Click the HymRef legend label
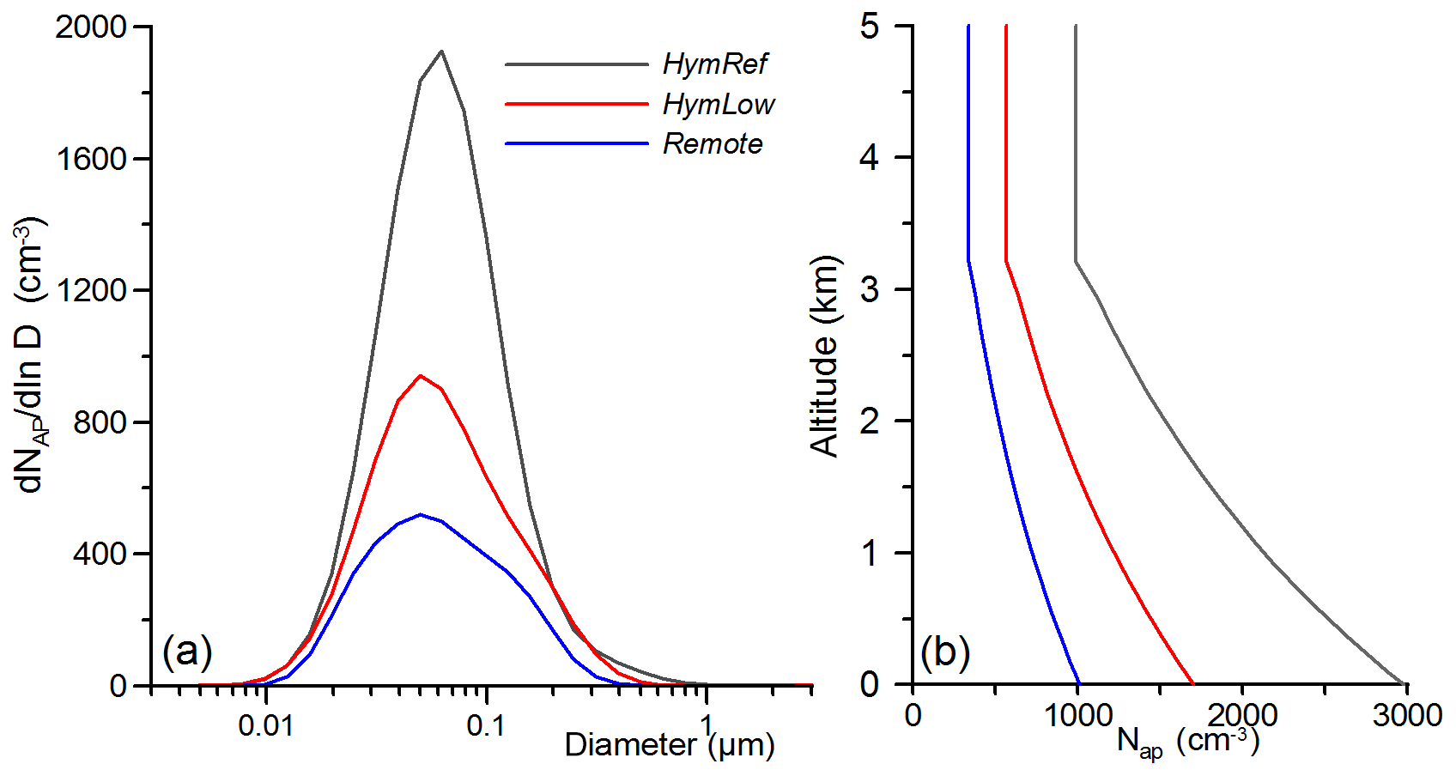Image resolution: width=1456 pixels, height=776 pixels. tap(714, 64)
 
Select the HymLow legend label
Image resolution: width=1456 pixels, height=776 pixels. tap(718, 104)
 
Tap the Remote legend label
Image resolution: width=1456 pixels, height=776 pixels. tap(712, 143)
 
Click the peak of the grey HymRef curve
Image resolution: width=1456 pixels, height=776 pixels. tap(441, 52)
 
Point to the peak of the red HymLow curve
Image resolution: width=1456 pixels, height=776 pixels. tap(420, 375)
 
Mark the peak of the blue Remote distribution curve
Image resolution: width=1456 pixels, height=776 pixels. tap(420, 514)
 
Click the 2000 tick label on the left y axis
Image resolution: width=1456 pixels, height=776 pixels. tap(91, 27)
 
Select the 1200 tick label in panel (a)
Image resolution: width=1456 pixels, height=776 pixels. tap(91, 290)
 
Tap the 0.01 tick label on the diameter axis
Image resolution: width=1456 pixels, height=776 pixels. tap(265, 726)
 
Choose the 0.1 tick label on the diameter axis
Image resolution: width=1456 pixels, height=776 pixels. tap(486, 726)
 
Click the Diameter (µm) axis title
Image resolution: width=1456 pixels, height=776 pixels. tap(670, 744)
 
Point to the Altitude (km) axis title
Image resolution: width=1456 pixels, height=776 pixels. tap(824, 355)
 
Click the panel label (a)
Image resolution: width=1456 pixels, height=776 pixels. tap(187, 652)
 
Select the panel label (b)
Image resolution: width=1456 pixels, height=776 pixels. tap(944, 652)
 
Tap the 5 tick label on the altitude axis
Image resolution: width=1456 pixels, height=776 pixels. tap(870, 27)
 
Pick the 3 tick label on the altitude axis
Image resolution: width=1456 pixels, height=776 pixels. tap(870, 289)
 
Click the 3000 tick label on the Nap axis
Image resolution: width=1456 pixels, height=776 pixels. tap(1406, 715)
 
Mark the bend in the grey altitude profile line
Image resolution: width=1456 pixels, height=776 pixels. tap(1076, 262)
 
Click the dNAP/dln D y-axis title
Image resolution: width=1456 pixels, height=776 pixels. tap(31, 355)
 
